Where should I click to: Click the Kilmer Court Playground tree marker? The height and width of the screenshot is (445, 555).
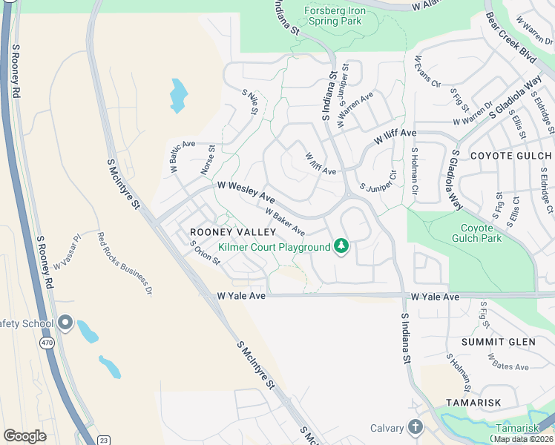(x=341, y=245)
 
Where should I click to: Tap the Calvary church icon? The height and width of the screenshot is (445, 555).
(x=415, y=427)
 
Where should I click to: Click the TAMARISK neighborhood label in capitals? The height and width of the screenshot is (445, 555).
(x=474, y=402)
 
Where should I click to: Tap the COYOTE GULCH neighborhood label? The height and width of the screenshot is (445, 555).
(x=511, y=156)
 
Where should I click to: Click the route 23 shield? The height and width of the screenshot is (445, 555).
(x=103, y=440)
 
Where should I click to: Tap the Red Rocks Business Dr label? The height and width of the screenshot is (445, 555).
(x=125, y=264)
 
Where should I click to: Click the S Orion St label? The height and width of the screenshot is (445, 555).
(x=205, y=253)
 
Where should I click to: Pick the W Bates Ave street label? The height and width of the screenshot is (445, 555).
(x=508, y=362)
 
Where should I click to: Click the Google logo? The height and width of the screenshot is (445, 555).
(x=24, y=436)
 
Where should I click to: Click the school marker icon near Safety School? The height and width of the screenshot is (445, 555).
(x=65, y=323)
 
